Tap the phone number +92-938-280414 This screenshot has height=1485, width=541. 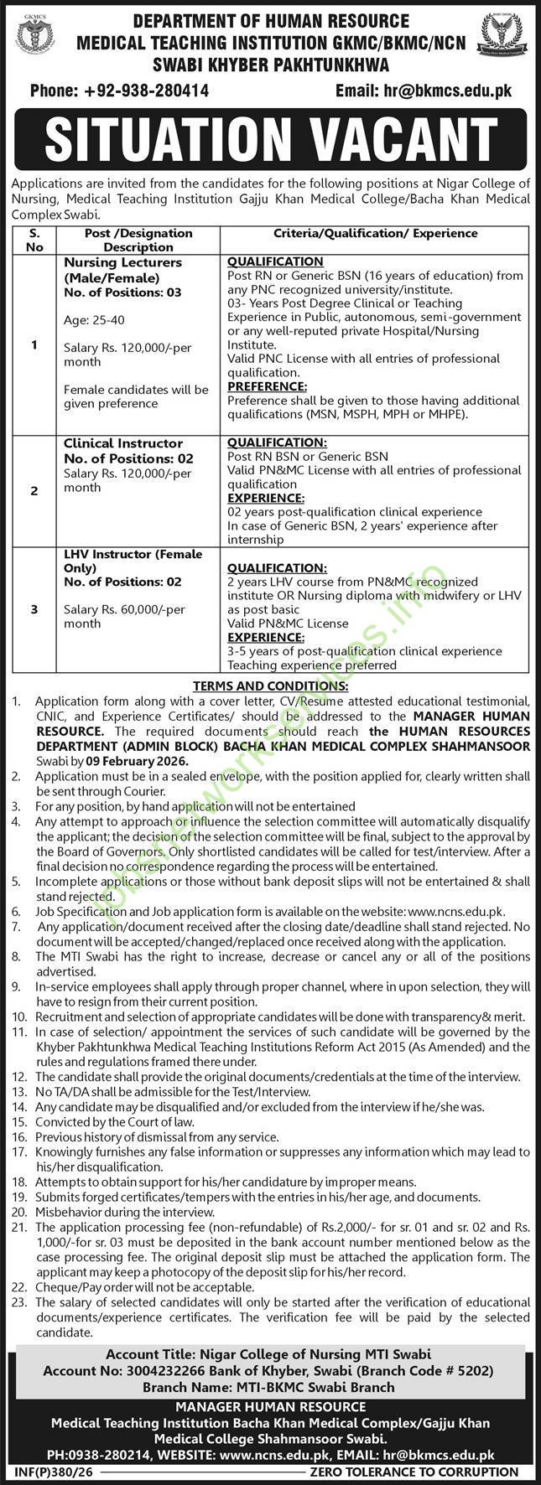119,91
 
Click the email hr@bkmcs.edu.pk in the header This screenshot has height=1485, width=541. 423,91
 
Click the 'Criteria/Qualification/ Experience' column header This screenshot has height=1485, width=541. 375,233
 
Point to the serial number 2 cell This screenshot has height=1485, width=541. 34,491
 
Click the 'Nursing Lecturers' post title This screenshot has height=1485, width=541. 123,262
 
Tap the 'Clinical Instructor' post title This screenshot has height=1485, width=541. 123,443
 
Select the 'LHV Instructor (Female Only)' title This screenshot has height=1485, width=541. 133,561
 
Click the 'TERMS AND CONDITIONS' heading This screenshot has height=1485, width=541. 270,685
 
